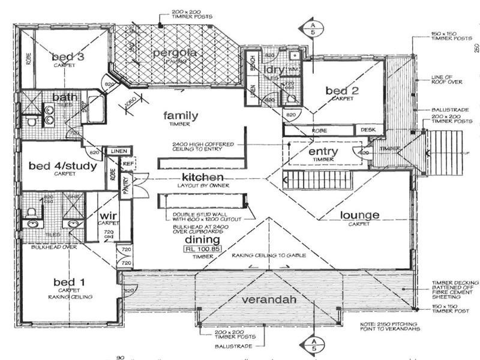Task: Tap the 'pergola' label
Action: tap(175, 53)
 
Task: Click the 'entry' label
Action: tap(323, 152)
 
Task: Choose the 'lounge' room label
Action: tap(359, 215)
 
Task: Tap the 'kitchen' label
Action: tap(203, 178)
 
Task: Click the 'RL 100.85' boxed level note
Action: tap(201, 247)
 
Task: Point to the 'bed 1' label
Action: tap(65, 282)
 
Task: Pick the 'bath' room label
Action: tap(63, 97)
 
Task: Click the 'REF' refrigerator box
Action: tap(127, 162)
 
